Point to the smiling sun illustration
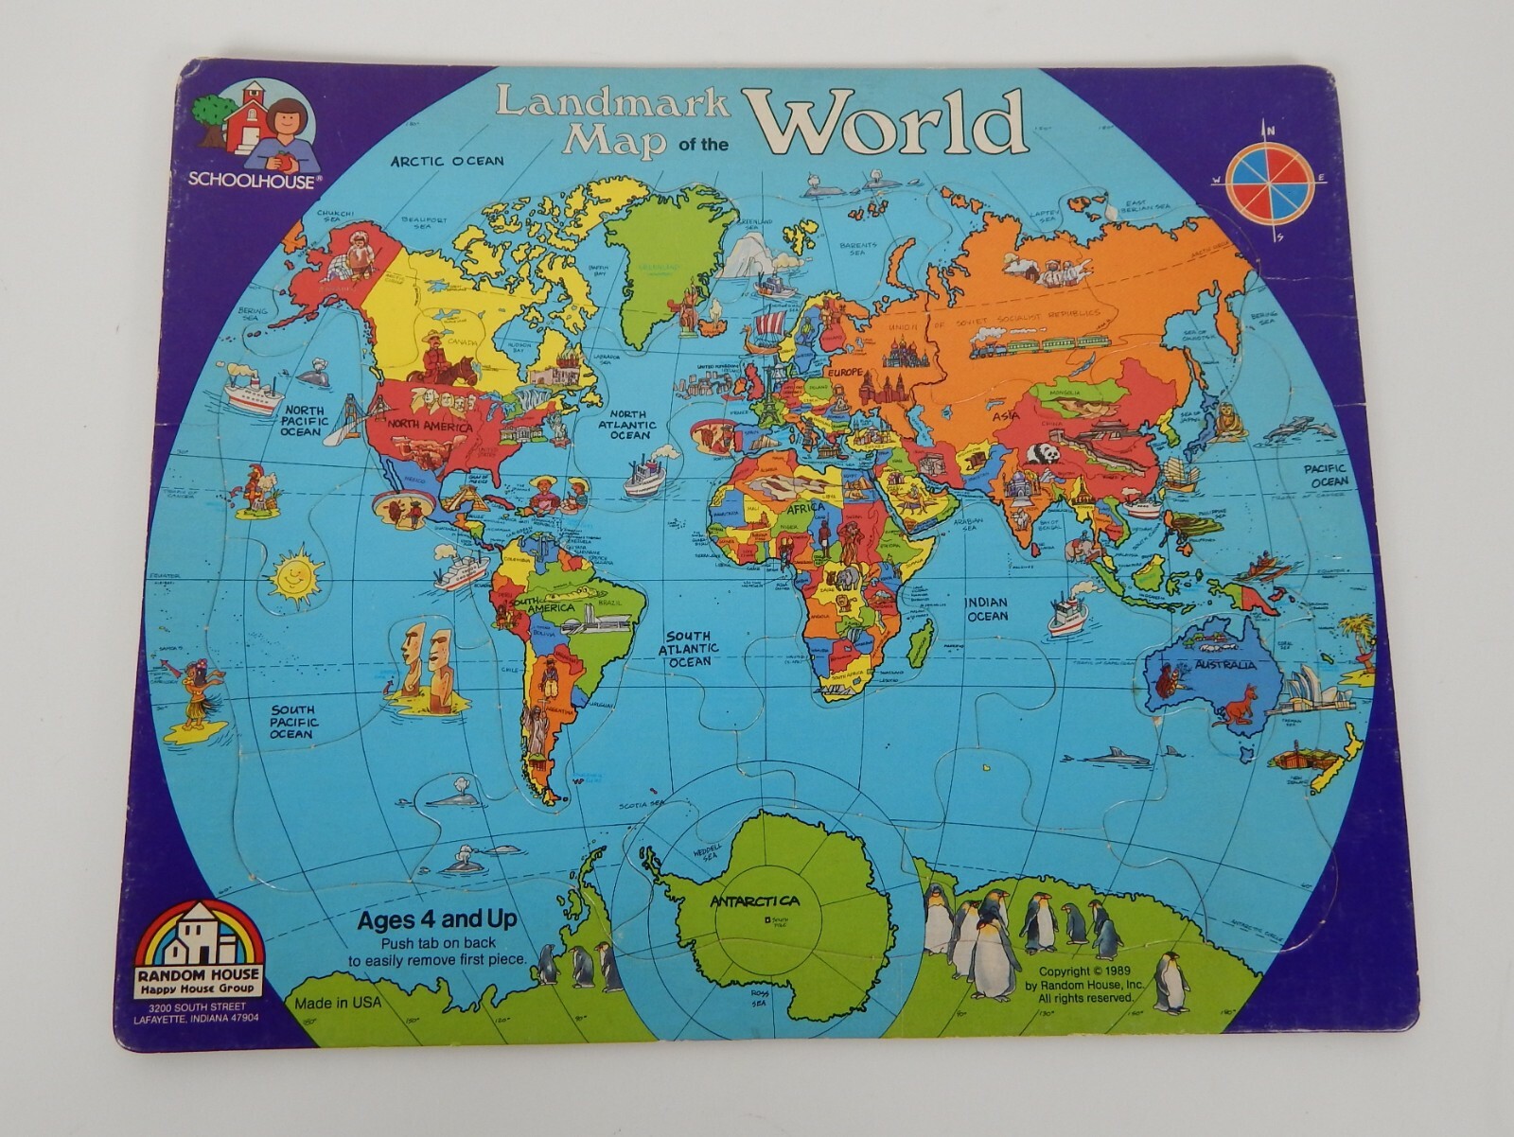click(293, 573)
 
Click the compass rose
click(1270, 179)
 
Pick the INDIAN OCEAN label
click(987, 609)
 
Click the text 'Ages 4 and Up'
click(436, 918)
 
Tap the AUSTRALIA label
click(1226, 663)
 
